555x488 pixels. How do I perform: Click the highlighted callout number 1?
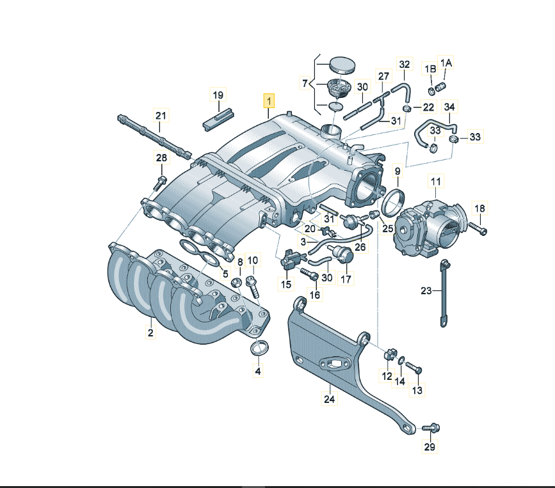coord(269,101)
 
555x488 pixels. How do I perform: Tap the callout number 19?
coord(218,95)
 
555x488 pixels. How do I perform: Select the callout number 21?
coord(161,115)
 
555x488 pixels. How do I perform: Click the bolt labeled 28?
coord(160,183)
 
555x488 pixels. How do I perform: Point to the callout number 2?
coord(151,333)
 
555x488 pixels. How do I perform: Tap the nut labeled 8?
coord(236,283)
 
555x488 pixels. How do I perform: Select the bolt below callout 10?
coord(253,287)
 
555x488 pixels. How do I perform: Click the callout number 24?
coord(329,399)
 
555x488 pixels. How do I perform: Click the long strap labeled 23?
coord(443,293)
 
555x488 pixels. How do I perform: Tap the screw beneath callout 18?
coord(478,228)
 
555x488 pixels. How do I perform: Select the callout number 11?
coord(436,182)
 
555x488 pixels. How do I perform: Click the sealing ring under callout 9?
coord(393,203)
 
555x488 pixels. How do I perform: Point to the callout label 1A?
coord(446,63)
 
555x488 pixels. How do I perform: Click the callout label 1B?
coord(430,68)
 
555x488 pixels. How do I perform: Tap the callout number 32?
coord(404,64)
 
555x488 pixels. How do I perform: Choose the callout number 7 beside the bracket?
coord(305,83)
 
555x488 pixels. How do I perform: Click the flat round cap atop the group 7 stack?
coord(342,65)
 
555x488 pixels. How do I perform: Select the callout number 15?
coord(286,284)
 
